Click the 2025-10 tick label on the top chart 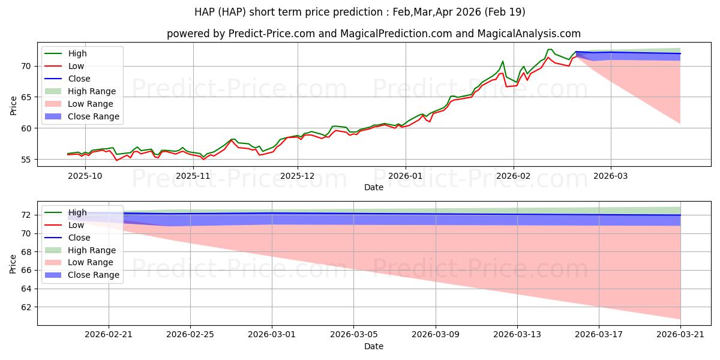pos(85,176)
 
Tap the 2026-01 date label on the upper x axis pos(406,176)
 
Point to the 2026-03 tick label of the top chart pos(610,176)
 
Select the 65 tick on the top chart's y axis pos(26,97)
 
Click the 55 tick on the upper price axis pos(26,160)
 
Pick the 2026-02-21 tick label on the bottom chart pos(109,335)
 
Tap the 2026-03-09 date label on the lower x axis pos(436,335)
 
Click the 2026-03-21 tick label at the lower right pos(680,335)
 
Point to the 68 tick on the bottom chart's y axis pos(26,252)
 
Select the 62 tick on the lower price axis pos(26,307)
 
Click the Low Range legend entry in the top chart pos(79,104)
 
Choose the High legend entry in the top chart pos(65,53)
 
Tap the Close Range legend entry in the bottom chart pos(82,275)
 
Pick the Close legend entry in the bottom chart pos(67,238)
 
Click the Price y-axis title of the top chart pos(13,106)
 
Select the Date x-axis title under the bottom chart pos(373,347)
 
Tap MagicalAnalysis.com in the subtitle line pos(529,34)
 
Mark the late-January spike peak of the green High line pos(502,61)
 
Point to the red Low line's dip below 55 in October pos(116,160)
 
